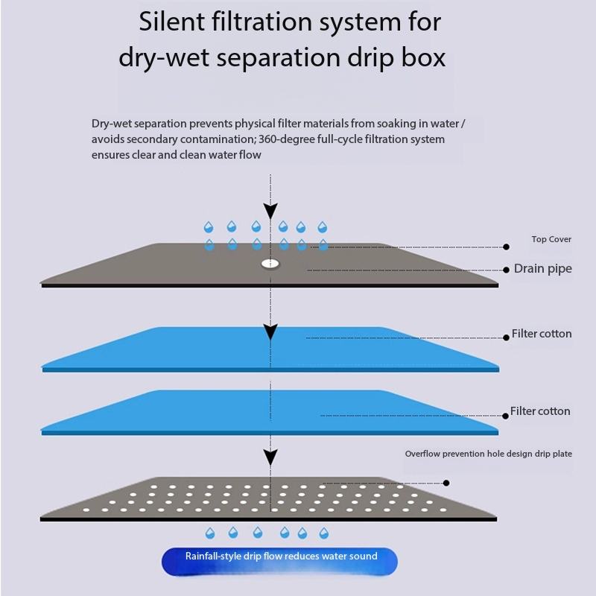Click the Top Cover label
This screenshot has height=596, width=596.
point(551,239)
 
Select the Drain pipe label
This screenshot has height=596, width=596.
point(543,269)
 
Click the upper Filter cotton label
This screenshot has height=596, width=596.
point(542,334)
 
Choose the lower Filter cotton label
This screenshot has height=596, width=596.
point(540,411)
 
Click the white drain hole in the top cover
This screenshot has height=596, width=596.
point(270,264)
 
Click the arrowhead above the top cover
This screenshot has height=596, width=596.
point(270,209)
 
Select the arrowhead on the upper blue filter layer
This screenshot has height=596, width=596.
point(270,331)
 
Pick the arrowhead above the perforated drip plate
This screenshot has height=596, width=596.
point(270,457)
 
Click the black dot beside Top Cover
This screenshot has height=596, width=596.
point(507,247)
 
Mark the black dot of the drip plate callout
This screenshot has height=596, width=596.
point(446,483)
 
